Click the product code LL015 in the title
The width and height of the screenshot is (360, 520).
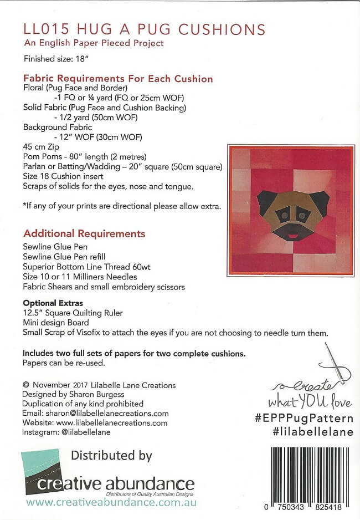[40, 30]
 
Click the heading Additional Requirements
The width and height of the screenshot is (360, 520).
[84, 233]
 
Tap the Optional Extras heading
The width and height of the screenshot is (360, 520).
[53, 303]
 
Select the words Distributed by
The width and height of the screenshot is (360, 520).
[111, 456]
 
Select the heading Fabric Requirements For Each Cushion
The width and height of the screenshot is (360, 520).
[118, 79]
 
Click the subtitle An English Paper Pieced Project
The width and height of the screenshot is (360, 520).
[94, 43]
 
